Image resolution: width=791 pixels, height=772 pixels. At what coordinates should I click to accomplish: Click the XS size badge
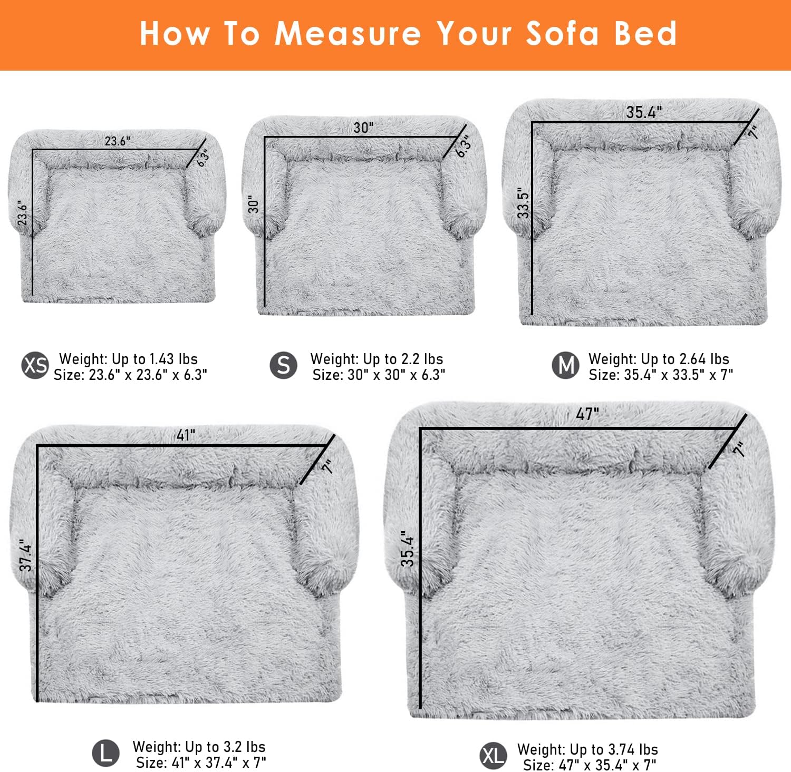pyautogui.click(x=35, y=365)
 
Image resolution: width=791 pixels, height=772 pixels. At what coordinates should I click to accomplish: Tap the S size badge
pyautogui.click(x=283, y=365)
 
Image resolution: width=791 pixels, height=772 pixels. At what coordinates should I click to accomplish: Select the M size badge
pyautogui.click(x=565, y=365)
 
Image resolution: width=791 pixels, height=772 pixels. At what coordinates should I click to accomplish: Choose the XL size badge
pyautogui.click(x=493, y=756)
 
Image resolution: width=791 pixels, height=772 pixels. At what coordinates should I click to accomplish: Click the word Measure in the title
pyautogui.click(x=348, y=34)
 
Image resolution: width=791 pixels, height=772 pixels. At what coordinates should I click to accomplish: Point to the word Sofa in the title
pyautogui.click(x=563, y=34)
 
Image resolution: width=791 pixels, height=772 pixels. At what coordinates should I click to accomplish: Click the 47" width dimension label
pyautogui.click(x=587, y=414)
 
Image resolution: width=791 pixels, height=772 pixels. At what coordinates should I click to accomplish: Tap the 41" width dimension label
pyautogui.click(x=186, y=435)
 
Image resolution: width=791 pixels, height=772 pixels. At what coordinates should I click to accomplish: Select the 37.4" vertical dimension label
pyautogui.click(x=26, y=555)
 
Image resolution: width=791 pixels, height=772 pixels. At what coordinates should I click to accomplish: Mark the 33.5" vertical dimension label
pyautogui.click(x=523, y=203)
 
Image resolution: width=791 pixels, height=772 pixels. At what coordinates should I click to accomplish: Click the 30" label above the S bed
pyautogui.click(x=363, y=128)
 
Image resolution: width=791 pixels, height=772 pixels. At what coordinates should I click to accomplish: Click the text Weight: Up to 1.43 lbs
pyautogui.click(x=128, y=359)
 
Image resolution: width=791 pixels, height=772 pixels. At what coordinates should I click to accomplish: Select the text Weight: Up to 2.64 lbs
pyautogui.click(x=659, y=359)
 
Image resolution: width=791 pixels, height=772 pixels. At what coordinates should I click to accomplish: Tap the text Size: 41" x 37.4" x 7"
pyautogui.click(x=201, y=762)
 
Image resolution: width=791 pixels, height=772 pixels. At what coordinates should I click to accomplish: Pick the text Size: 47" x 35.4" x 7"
pyautogui.click(x=590, y=765)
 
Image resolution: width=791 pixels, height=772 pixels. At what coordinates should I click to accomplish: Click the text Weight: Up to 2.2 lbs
pyautogui.click(x=377, y=359)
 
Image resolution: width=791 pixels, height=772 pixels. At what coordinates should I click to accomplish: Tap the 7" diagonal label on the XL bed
pyautogui.click(x=740, y=449)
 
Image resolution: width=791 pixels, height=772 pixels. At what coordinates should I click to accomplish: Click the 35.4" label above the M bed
pyautogui.click(x=643, y=112)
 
